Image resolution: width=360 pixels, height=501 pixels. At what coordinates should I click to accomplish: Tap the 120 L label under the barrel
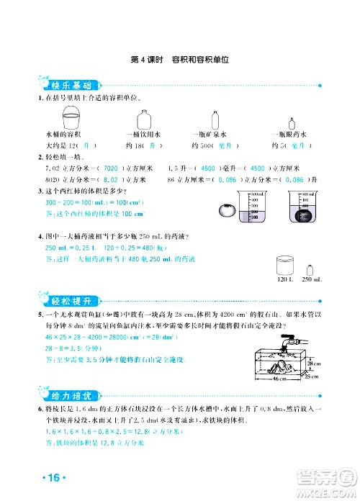tap(284, 279)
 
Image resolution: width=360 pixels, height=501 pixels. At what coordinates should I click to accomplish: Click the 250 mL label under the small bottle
tap(312, 279)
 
